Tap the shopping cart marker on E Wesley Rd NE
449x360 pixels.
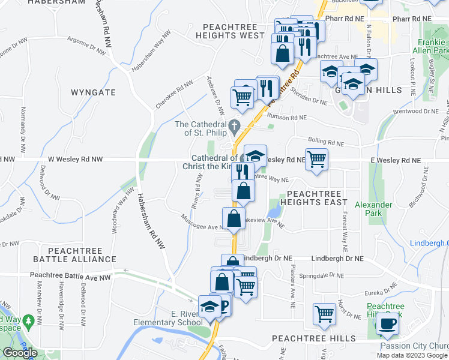click(316, 160)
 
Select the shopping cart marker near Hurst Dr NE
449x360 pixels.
click(324, 313)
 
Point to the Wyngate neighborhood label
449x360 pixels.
click(93, 93)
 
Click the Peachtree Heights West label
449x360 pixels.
click(234, 31)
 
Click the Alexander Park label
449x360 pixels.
click(373, 209)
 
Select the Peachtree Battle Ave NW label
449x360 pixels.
click(71, 277)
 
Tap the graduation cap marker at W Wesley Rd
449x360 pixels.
click(255, 157)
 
